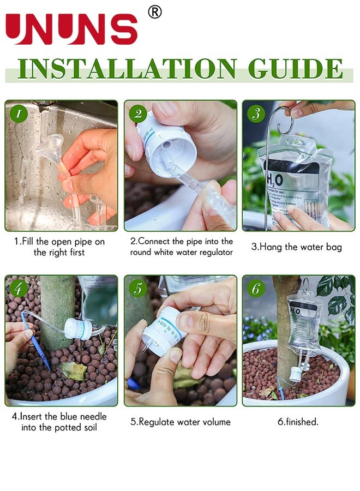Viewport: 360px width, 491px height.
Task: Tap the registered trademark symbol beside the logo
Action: pos(155,11)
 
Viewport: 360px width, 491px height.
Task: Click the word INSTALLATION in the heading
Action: pos(127,69)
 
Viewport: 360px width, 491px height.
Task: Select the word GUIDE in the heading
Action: pos(295,69)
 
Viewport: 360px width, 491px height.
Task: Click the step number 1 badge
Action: pos(19,113)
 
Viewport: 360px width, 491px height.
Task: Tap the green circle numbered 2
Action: pos(137,113)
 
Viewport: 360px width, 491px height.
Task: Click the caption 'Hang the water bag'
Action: pos(297,247)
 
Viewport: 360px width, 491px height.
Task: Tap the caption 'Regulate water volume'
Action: pos(180,422)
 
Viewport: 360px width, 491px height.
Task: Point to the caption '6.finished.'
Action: pos(297,422)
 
